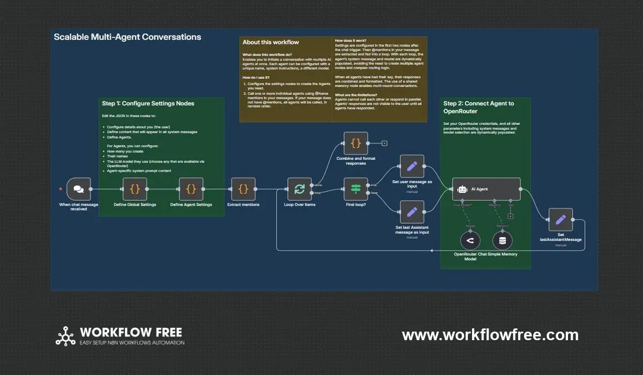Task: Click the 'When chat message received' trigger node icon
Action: (79, 189)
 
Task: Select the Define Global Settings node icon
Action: (134, 189)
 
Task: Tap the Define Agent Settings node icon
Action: (191, 189)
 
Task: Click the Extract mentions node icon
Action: (243, 189)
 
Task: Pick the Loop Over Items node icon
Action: (300, 189)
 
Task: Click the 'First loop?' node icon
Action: (356, 189)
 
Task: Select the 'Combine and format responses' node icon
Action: (356, 143)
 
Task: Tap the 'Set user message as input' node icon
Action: (412, 166)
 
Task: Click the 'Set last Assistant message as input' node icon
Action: (412, 212)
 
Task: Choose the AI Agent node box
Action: (486, 189)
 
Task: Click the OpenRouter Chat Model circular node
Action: (470, 241)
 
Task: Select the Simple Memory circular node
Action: (502, 241)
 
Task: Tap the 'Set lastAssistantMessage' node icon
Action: (560, 220)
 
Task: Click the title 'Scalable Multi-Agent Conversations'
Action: (128, 37)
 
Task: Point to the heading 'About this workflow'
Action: (271, 42)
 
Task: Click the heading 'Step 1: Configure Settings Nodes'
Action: (148, 103)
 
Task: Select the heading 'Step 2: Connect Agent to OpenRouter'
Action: (478, 107)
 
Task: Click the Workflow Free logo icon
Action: (65, 335)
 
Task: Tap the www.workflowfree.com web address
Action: (490, 335)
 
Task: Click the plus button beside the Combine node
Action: (384, 143)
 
